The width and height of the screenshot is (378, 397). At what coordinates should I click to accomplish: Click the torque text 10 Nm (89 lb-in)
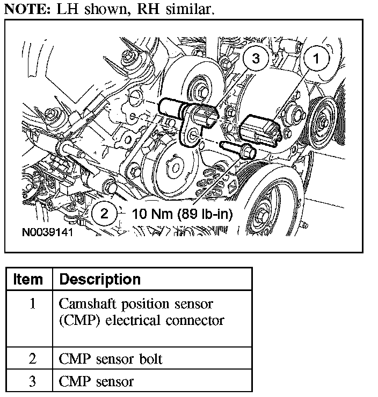[182, 214]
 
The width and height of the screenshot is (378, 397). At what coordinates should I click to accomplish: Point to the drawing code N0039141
[47, 234]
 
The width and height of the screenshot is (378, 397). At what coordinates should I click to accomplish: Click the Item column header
[28, 279]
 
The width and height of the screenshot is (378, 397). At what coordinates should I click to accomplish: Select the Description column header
[100, 279]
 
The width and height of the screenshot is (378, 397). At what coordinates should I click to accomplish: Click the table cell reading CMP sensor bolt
[111, 359]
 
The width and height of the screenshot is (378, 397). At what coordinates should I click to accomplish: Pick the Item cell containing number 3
[32, 381]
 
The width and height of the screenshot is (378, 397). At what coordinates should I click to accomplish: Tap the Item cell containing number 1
[32, 304]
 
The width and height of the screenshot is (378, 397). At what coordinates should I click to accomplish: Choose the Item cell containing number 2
[32, 359]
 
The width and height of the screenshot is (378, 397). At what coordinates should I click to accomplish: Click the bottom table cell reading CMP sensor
[96, 381]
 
